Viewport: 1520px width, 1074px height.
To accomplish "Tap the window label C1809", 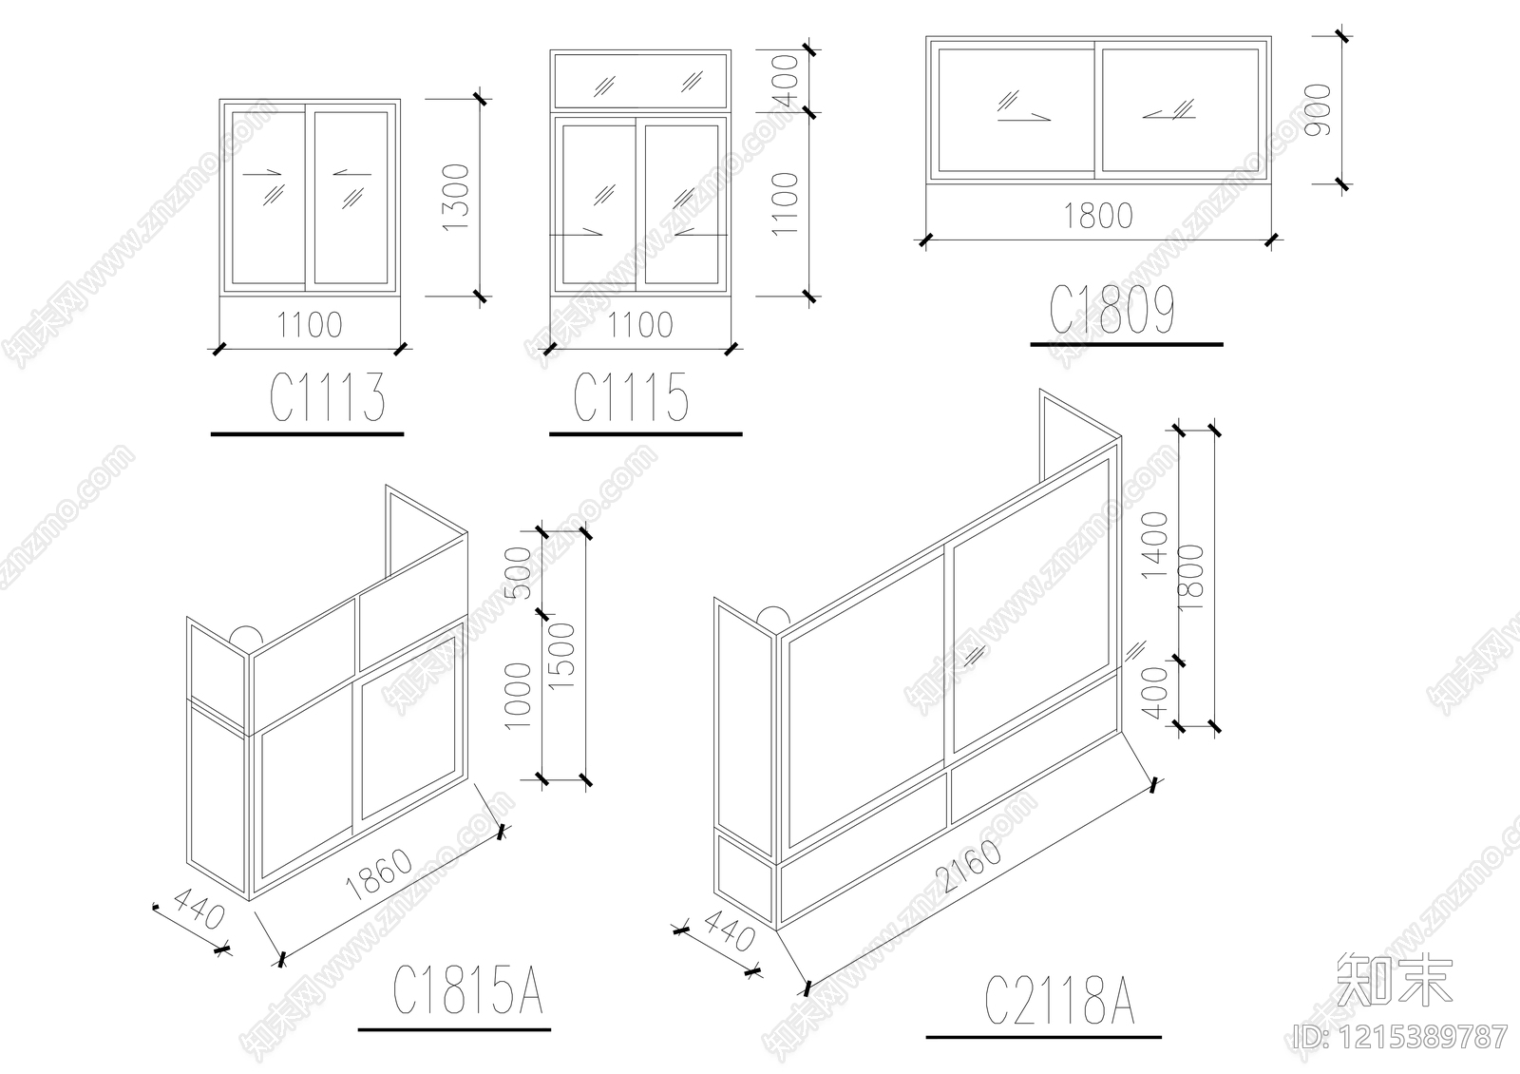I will [x=1112, y=311].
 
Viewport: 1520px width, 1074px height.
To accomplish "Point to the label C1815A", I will [x=467, y=991].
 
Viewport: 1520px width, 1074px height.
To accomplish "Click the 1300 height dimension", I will [x=456, y=198].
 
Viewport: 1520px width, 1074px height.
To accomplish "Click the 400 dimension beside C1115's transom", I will [x=786, y=78].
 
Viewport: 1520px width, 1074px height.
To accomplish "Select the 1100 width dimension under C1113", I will [x=310, y=326].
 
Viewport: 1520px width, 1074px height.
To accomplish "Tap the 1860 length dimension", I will [x=381, y=875].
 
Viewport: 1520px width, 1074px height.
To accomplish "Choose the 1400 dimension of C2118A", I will [x=1154, y=544].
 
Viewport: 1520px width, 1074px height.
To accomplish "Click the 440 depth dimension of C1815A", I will [x=196, y=915].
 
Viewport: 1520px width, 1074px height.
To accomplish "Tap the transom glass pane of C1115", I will [x=640, y=80].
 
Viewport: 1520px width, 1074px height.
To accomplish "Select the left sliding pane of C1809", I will [x=1014, y=108].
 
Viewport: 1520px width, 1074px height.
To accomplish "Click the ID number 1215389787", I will [x=1400, y=1036].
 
